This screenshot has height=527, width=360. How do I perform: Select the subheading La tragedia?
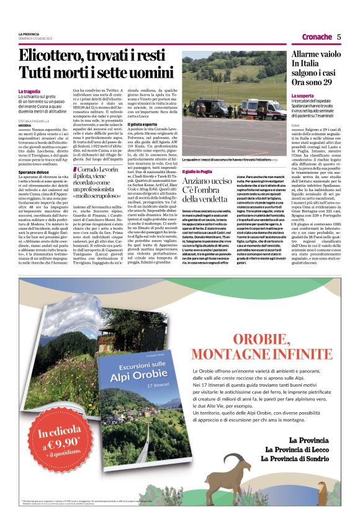pyautogui.click(x=31, y=91)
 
